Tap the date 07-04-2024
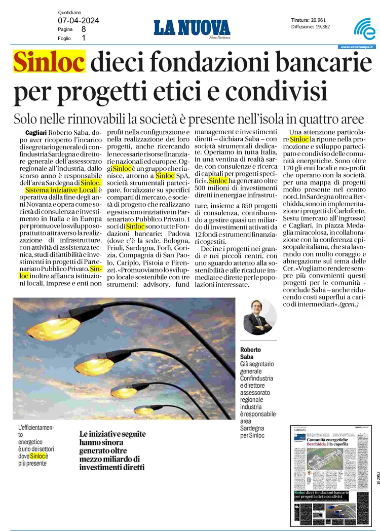pyautogui.click(x=78, y=20)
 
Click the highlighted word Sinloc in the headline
pyautogui.click(x=49, y=63)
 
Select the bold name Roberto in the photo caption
pyautogui.click(x=252, y=350)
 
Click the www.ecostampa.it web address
pyautogui.click(x=357, y=47)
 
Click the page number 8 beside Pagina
pyautogui.click(x=84, y=29)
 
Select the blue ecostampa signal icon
pyautogui.click(x=364, y=30)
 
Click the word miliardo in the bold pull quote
pyautogui.click(x=112, y=459)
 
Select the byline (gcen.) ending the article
pyautogui.click(x=349, y=305)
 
